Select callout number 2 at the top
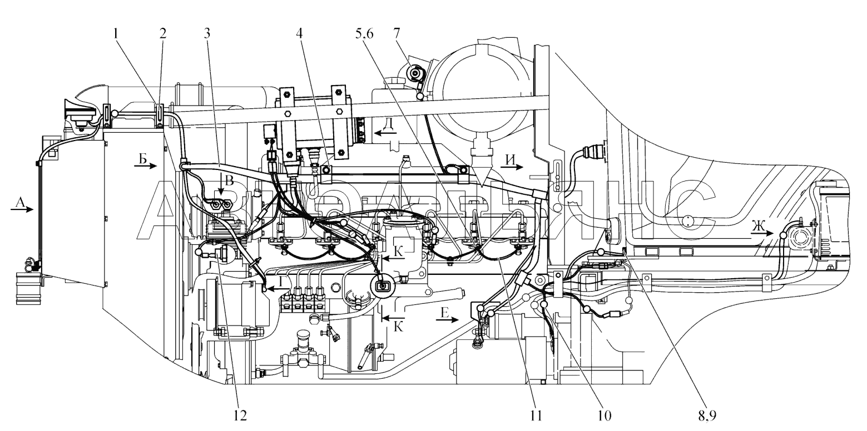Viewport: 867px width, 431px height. pyautogui.click(x=162, y=34)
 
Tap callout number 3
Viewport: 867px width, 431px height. pyautogui.click(x=207, y=34)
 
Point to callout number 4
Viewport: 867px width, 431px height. pyautogui.click(x=299, y=34)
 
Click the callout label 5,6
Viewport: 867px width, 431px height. pyautogui.click(x=364, y=34)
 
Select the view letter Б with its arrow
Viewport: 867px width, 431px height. pyautogui.click(x=144, y=162)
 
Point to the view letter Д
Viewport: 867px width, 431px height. pyautogui.click(x=389, y=124)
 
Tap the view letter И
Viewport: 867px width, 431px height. pyautogui.click(x=511, y=159)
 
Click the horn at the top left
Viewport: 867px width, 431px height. pyautogui.click(x=81, y=112)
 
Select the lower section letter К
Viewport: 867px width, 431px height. pyautogui.click(x=398, y=327)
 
